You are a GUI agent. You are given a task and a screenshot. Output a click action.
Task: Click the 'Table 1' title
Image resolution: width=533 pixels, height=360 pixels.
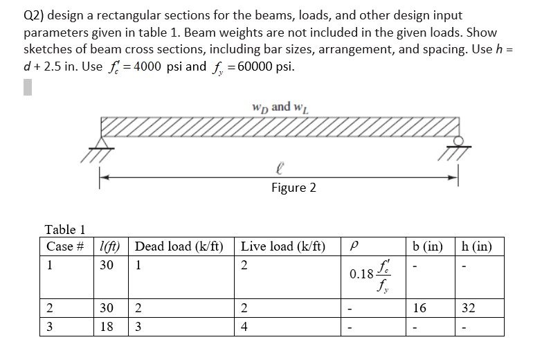pyautogui.click(x=65, y=229)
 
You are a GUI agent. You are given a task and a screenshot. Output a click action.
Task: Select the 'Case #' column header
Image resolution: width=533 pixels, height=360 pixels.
pyautogui.click(x=64, y=246)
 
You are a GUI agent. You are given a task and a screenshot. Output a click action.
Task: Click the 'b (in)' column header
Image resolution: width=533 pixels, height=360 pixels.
pyautogui.click(x=427, y=246)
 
